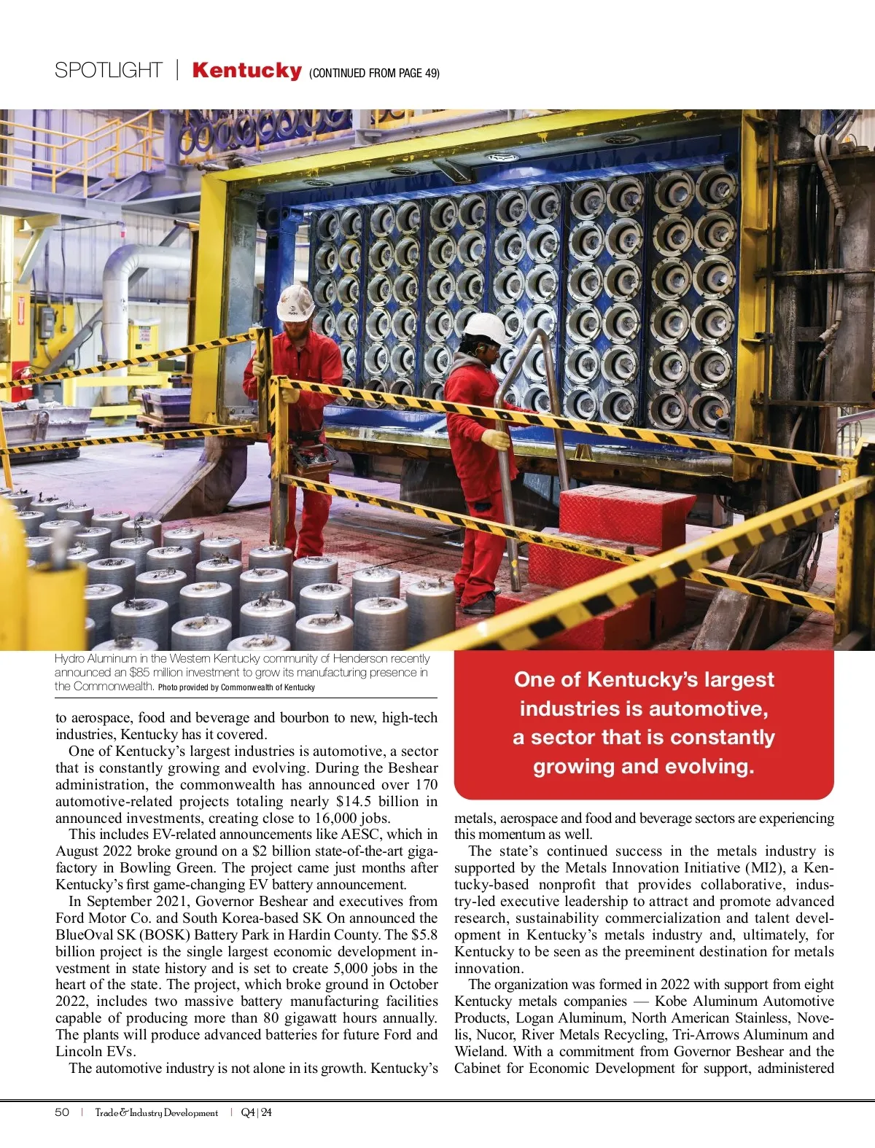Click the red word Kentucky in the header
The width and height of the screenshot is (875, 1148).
tap(246, 71)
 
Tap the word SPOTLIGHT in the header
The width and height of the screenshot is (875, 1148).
tap(108, 71)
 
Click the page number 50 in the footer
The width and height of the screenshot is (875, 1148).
tap(62, 1112)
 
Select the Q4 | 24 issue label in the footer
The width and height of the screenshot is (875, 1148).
tap(256, 1112)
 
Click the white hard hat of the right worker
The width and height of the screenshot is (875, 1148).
tap(485, 328)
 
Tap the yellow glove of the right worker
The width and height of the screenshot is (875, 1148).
tap(495, 439)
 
